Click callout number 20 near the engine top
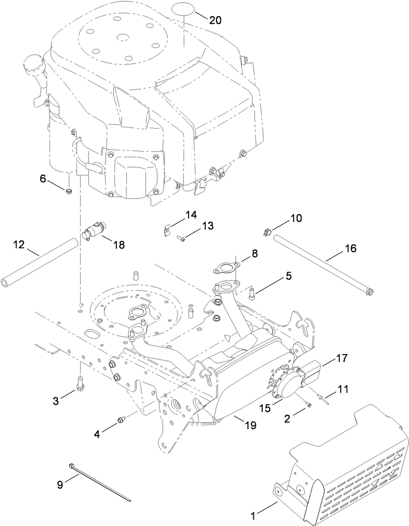(215, 20)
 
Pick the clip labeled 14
(168, 229)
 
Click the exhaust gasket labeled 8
(225, 268)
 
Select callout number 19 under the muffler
(251, 425)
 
